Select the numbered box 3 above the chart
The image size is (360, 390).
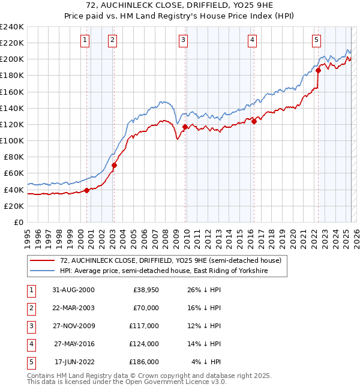[x=183, y=40]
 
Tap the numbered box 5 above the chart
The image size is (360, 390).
[x=316, y=40]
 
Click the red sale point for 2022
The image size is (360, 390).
[x=318, y=70]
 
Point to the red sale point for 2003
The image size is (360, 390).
[x=114, y=165]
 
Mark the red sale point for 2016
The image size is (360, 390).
[x=254, y=121]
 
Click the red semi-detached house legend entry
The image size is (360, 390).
[x=162, y=260]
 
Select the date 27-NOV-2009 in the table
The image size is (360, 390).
[x=74, y=326]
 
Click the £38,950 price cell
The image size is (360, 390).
[x=144, y=290]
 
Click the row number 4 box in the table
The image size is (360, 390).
[x=30, y=344]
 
